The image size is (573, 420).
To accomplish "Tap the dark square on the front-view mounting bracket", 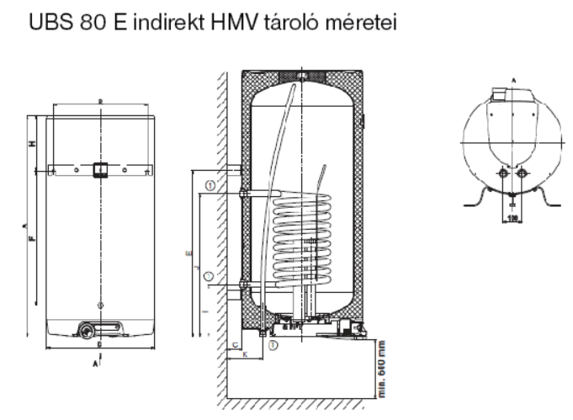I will (x=100, y=169).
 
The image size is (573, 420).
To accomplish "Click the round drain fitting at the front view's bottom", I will (x=89, y=329).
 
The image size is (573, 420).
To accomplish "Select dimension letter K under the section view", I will (x=244, y=356).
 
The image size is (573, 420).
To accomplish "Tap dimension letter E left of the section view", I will (x=188, y=253).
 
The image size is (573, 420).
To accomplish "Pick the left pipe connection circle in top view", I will (x=503, y=175).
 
